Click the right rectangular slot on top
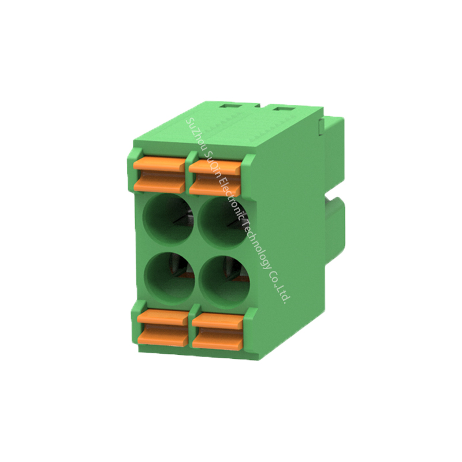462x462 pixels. [x=283, y=109]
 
